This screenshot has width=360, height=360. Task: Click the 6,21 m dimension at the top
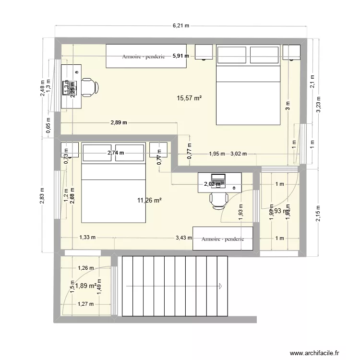180,25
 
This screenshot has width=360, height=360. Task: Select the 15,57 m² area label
189,98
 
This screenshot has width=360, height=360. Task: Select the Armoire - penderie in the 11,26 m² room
223,239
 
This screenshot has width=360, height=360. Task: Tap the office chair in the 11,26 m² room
218,200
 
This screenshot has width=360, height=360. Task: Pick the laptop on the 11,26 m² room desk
218,179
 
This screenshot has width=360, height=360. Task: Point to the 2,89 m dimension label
119,122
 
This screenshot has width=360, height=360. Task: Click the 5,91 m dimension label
181,56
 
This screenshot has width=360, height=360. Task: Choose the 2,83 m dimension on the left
43,196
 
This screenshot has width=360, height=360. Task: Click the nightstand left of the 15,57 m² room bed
204,52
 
